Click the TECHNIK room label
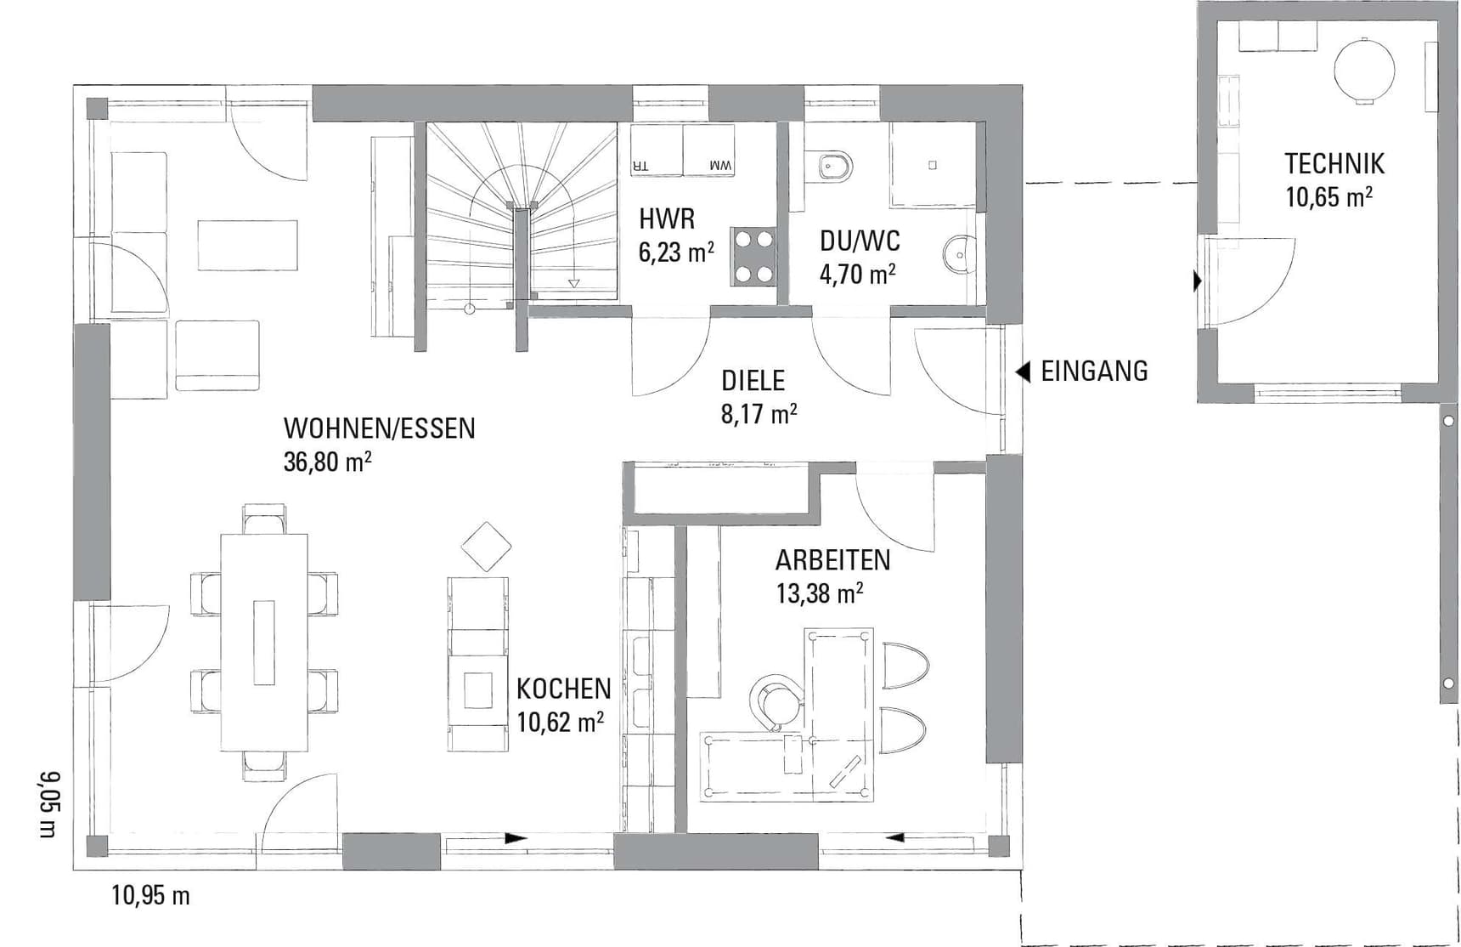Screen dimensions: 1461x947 click(1334, 163)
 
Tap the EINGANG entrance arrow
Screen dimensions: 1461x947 click(1024, 371)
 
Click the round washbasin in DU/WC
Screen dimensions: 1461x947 click(960, 253)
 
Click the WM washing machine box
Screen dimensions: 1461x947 click(709, 150)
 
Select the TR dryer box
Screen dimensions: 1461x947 click(657, 150)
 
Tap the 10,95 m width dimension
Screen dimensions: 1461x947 click(150, 895)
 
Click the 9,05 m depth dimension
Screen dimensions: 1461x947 click(50, 804)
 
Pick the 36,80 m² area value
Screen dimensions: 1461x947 click(328, 462)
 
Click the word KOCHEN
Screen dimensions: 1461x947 click(564, 689)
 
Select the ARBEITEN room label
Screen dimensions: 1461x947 click(832, 560)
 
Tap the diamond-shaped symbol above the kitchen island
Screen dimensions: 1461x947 click(486, 547)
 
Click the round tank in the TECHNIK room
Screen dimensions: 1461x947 click(1364, 71)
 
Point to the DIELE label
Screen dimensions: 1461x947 click(753, 380)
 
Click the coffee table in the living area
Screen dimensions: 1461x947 click(248, 245)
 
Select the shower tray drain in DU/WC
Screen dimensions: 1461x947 click(933, 165)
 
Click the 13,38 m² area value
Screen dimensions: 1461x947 click(820, 593)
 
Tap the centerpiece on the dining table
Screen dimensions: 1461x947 click(264, 642)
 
